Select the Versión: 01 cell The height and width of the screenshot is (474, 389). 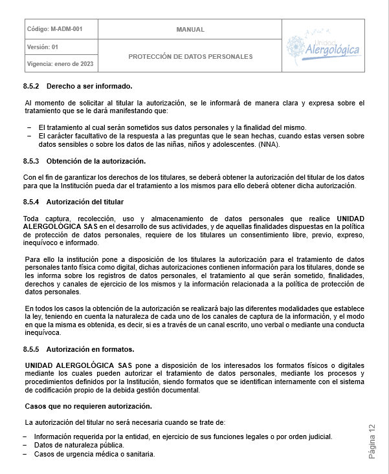(43, 47)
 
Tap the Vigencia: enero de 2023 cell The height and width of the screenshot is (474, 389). (60, 63)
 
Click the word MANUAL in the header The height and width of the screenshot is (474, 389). (190, 29)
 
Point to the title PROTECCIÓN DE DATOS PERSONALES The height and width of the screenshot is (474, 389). (190, 56)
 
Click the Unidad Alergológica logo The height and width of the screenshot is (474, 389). (323, 45)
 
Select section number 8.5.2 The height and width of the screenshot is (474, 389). (31, 86)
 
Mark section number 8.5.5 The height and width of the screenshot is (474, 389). (31, 349)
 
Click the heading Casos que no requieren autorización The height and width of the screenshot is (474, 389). (88, 406)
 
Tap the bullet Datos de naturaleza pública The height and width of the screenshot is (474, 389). (78, 445)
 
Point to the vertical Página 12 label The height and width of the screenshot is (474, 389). (372, 442)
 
